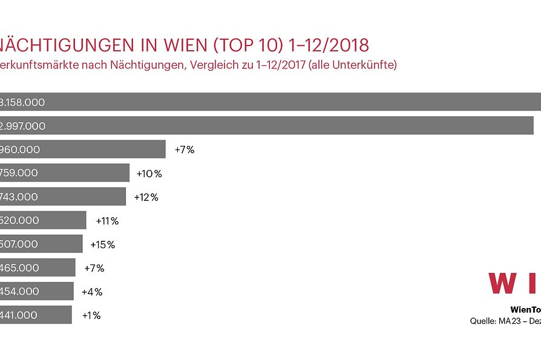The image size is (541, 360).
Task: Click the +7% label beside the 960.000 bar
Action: [x=185, y=149]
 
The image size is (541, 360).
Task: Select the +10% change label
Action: [x=149, y=174]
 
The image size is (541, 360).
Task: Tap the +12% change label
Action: [x=146, y=197]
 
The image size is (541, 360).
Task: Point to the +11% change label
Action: [x=107, y=221]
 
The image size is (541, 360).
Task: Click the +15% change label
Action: [x=102, y=244]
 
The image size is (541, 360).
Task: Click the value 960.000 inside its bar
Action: [x=20, y=149]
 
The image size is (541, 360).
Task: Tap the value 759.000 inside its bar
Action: [x=19, y=173]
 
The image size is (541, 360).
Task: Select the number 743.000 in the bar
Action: [x=19, y=197]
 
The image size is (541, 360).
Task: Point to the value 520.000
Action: [x=19, y=220]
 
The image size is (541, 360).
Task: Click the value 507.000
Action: [x=19, y=244]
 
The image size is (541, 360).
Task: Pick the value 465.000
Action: [x=19, y=267]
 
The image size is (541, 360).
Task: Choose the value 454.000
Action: [x=19, y=291]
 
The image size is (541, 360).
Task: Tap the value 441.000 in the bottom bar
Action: [x=19, y=315]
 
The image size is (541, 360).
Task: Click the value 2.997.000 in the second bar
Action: [x=23, y=126]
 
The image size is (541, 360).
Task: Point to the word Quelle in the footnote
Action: [x=483, y=321]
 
